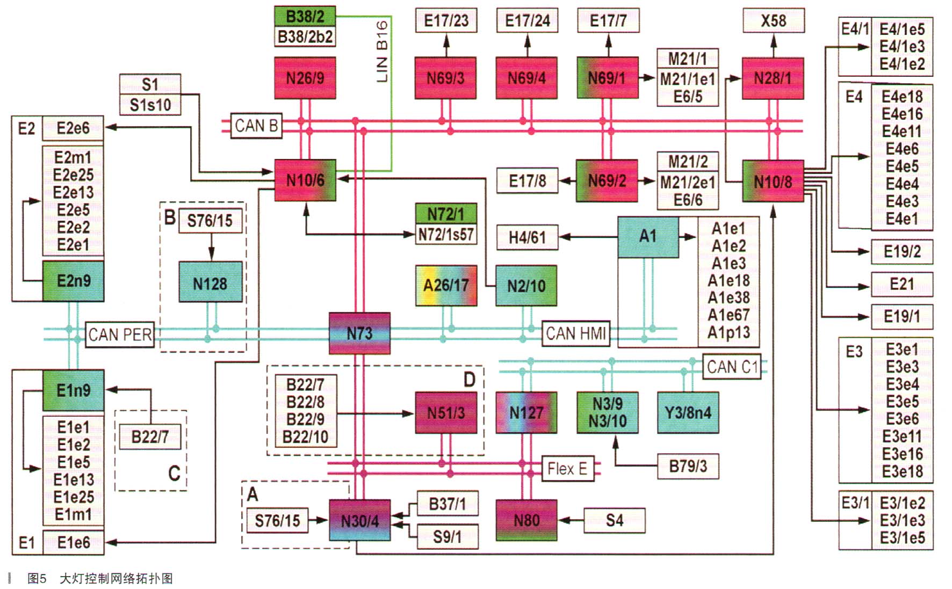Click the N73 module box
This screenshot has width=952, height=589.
pyautogui.click(x=359, y=333)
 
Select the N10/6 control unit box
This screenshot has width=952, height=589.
pyautogui.click(x=305, y=180)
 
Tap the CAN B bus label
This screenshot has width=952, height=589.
pyautogui.click(x=256, y=126)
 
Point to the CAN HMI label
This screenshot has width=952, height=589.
pyautogui.click(x=576, y=333)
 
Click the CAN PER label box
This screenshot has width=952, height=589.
pyautogui.click(x=119, y=335)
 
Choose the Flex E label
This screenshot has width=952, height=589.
pyautogui.click(x=567, y=469)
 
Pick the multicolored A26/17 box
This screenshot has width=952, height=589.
pyautogui.click(x=446, y=285)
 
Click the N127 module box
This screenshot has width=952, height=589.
pyautogui.click(x=527, y=412)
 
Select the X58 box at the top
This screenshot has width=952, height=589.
pyautogui.click(x=773, y=21)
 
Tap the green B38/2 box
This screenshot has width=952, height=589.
pyautogui.click(x=305, y=16)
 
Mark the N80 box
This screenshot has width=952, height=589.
pyautogui.click(x=527, y=520)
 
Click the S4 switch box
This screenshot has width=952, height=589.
pyautogui.click(x=614, y=520)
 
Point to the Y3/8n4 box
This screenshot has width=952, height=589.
pyautogui.click(x=688, y=412)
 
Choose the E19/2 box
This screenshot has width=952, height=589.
pyautogui.click(x=901, y=251)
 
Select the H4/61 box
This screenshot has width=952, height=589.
pyautogui.click(x=527, y=237)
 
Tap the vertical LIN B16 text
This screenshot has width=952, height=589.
pyautogui.click(x=382, y=52)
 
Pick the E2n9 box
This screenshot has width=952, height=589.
pyautogui.click(x=74, y=281)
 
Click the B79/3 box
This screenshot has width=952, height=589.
pyautogui.click(x=688, y=466)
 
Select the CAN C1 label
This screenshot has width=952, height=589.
pyautogui.click(x=732, y=367)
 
